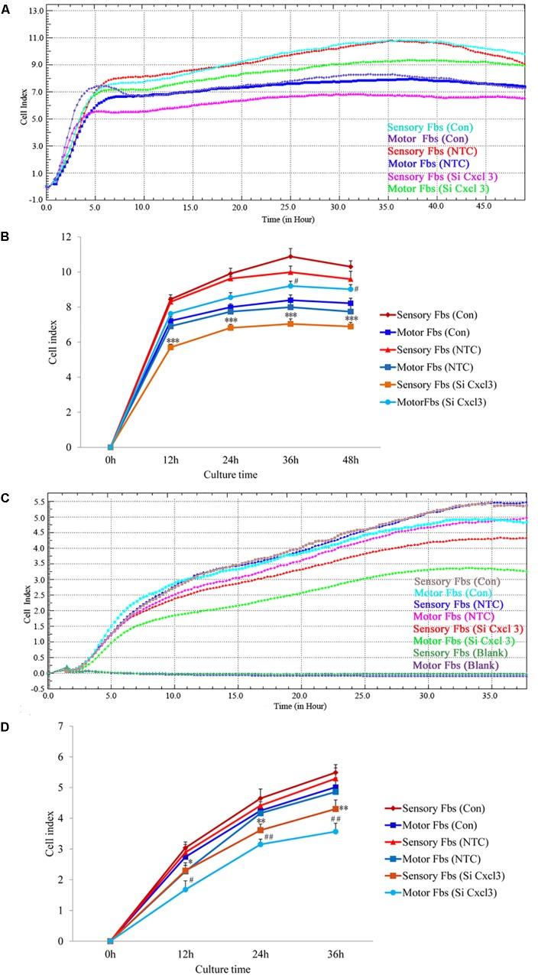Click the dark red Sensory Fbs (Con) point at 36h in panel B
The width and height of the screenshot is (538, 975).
click(x=290, y=257)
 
